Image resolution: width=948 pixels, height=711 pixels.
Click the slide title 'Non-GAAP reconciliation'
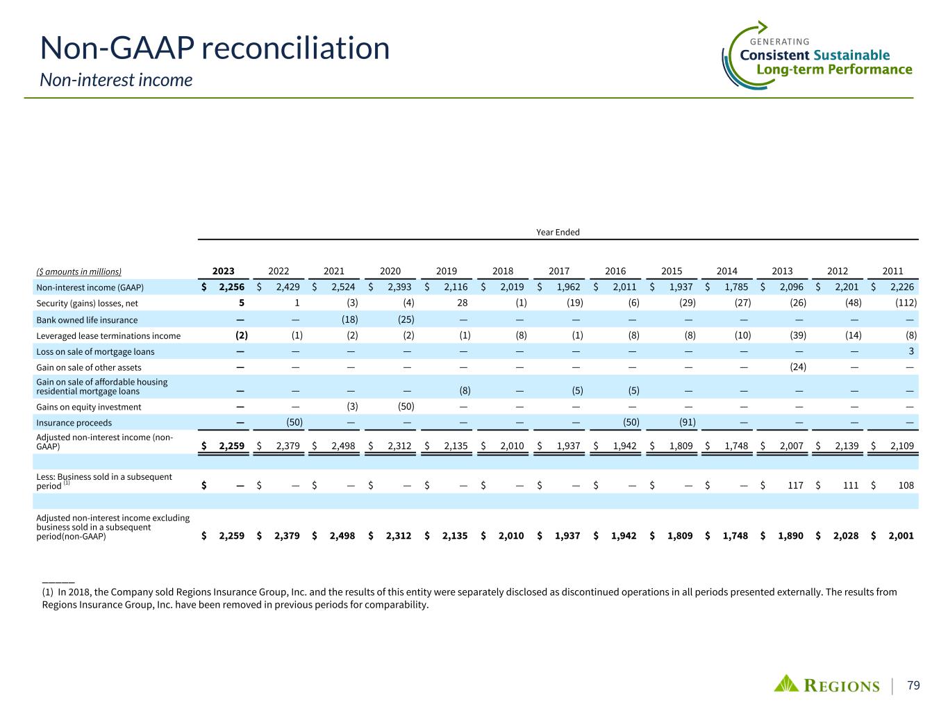pos(215,49)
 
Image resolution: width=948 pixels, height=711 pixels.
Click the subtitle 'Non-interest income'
pos(115,81)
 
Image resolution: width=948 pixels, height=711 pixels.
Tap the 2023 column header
pos(223,271)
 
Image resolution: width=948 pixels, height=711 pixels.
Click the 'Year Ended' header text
pos(558,232)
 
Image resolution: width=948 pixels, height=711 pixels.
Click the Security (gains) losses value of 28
pos(464,303)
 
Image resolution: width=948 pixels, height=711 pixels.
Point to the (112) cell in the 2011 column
pos(905,303)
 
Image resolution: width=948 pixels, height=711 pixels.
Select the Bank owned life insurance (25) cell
pos(406,320)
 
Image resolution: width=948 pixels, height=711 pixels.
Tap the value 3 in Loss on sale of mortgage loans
pos(913,351)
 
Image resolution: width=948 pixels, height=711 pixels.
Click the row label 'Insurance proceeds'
pos(74,423)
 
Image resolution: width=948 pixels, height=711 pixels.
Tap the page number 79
pos(913,686)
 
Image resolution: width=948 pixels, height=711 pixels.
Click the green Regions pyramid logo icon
pos(787,683)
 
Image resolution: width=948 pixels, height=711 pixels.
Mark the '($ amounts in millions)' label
pos(78,272)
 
